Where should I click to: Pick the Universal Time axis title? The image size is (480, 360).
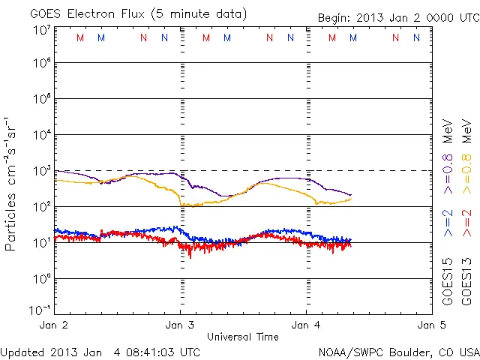[x=243, y=337]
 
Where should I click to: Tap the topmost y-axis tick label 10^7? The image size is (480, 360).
[x=41, y=30]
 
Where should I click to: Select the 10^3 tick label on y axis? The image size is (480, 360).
[x=41, y=172]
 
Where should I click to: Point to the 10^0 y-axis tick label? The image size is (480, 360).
[x=41, y=280]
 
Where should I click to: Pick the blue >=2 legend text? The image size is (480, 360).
[x=448, y=223]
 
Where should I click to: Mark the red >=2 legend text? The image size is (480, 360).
[x=466, y=223]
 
